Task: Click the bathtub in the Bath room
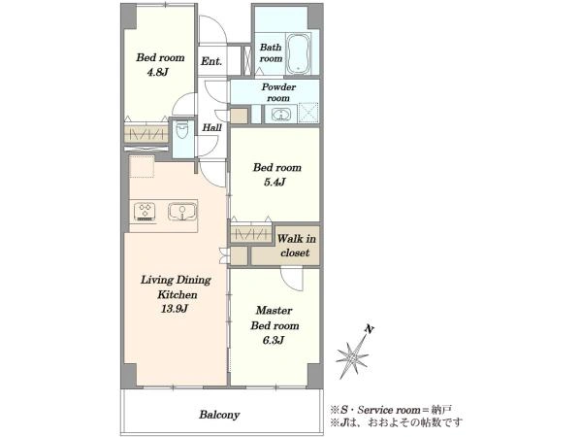pyautogui.click(x=299, y=54)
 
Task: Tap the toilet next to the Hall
pyautogui.click(x=182, y=131)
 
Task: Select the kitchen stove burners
pyautogui.click(x=145, y=211)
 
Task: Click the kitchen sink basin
pyautogui.click(x=182, y=212)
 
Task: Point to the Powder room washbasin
pyautogui.click(x=280, y=114)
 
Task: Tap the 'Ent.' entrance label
pyautogui.click(x=211, y=61)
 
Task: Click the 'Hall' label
pyautogui.click(x=211, y=128)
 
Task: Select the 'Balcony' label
pyautogui.click(x=219, y=415)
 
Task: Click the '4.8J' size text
pyautogui.click(x=158, y=72)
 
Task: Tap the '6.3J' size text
pyautogui.click(x=274, y=340)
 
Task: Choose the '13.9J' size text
pyautogui.click(x=174, y=309)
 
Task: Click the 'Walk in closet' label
pyautogui.click(x=296, y=246)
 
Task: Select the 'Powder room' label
pyautogui.click(x=278, y=92)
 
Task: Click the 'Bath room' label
pyautogui.click(x=271, y=52)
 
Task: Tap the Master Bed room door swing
pyautogui.click(x=292, y=280)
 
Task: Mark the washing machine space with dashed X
pyautogui.click(x=308, y=113)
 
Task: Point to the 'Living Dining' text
pyautogui.click(x=176, y=280)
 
